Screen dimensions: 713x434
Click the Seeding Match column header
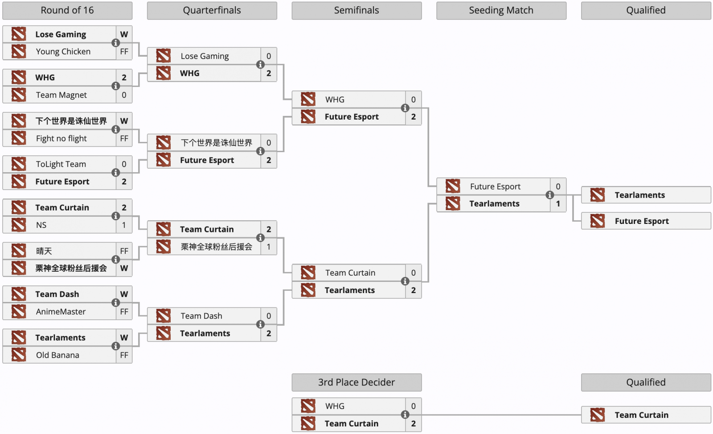[x=501, y=11]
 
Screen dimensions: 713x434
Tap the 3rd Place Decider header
[x=356, y=382]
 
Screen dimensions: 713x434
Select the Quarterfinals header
[x=212, y=11]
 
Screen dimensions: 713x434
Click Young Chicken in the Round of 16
[x=63, y=52]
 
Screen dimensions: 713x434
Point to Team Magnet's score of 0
[x=124, y=95]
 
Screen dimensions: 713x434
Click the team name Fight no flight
[x=61, y=139]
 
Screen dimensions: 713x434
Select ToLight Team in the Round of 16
[x=61, y=164]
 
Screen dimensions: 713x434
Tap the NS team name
[x=41, y=225]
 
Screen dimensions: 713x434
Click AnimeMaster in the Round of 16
[x=61, y=312]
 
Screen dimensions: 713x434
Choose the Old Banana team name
[x=57, y=355]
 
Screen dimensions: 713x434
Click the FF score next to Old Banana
[x=124, y=355]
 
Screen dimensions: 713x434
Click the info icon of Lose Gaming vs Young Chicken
[x=115, y=43]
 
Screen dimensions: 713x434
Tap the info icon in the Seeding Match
[x=550, y=195]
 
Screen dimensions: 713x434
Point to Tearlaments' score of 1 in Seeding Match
[x=558, y=203]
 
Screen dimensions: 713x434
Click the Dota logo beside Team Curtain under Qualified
[x=598, y=415]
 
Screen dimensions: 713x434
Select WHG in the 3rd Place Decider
[x=335, y=406]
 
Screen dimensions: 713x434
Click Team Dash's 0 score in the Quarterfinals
[x=269, y=316]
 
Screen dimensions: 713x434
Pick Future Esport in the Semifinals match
[x=352, y=117]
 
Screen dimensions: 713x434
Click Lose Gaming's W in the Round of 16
[x=124, y=34]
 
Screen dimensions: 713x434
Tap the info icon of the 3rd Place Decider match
[x=405, y=414]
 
